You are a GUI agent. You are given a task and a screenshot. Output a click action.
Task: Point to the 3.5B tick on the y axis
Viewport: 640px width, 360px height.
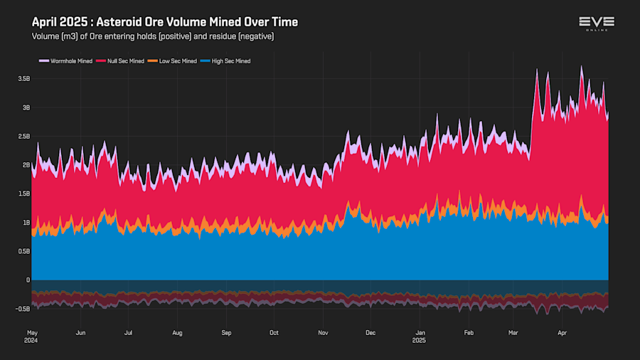click(24, 79)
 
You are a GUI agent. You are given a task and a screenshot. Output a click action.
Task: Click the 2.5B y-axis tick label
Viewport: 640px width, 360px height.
click(24, 136)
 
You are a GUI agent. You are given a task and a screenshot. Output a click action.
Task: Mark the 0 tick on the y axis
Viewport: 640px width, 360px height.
click(28, 280)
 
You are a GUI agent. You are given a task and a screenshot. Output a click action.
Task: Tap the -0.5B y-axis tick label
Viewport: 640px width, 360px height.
click(23, 309)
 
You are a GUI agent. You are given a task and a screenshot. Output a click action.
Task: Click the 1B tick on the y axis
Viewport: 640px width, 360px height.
click(26, 223)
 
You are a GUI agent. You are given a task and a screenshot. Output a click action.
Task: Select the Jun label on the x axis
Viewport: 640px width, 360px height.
click(80, 332)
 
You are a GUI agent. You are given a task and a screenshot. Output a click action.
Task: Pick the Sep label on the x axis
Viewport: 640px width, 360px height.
click(226, 332)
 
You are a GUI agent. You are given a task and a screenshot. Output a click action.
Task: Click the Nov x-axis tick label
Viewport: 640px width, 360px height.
click(323, 332)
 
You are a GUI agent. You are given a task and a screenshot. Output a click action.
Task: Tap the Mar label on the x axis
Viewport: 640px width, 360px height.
click(514, 332)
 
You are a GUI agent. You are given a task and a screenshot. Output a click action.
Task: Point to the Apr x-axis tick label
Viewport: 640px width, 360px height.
click(562, 332)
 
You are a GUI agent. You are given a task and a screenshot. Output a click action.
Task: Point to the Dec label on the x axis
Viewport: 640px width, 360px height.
click(370, 332)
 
